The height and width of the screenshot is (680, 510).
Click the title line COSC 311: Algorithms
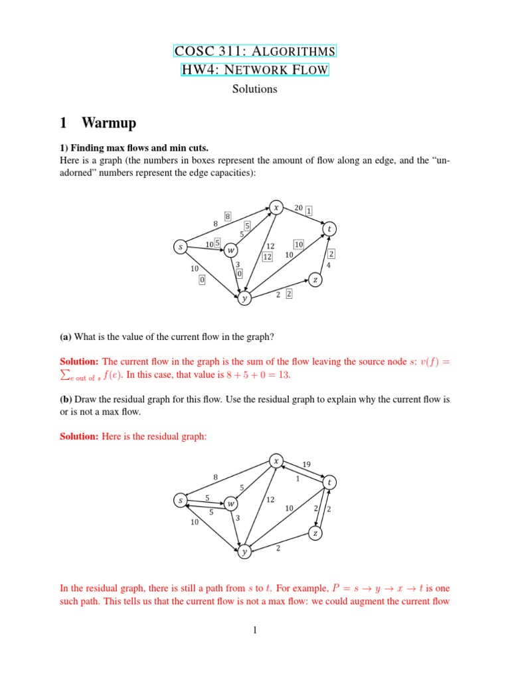pyautogui.click(x=254, y=52)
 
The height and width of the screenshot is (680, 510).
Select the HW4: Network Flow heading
pyautogui.click(x=254, y=70)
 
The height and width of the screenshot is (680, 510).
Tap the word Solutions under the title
pyautogui.click(x=254, y=88)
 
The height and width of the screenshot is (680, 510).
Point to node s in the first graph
pyautogui.click(x=180, y=246)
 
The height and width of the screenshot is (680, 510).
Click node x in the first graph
pyautogui.click(x=275, y=207)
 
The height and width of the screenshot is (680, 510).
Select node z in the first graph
pyautogui.click(x=315, y=280)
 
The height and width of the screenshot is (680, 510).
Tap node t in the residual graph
pyautogui.click(x=330, y=481)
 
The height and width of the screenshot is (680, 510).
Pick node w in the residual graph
pyautogui.click(x=230, y=503)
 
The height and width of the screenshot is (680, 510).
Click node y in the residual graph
pyautogui.click(x=244, y=551)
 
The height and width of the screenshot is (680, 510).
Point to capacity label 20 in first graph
pyautogui.click(x=299, y=208)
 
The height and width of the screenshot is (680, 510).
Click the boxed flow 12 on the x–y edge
pyautogui.click(x=268, y=257)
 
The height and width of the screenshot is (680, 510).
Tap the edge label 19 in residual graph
pyautogui.click(x=306, y=464)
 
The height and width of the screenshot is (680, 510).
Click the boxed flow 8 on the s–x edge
pyautogui.click(x=227, y=216)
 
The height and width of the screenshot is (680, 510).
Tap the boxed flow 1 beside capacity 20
pyautogui.click(x=309, y=211)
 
